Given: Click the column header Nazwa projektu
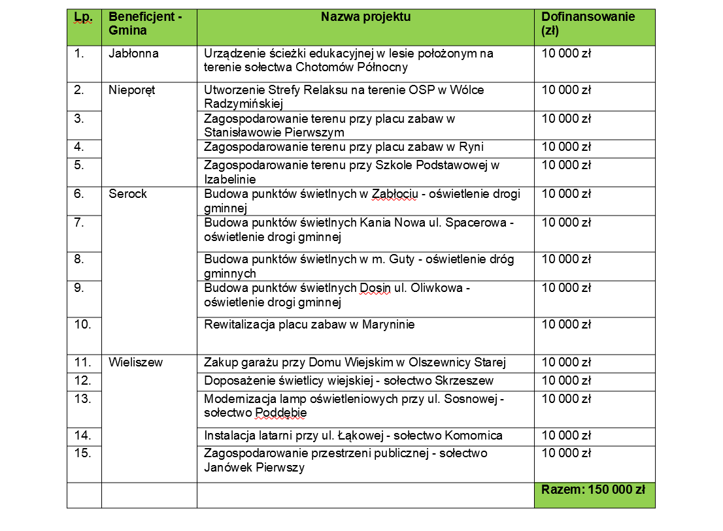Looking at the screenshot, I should point(365,17).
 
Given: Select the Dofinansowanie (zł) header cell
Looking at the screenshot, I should point(588,24).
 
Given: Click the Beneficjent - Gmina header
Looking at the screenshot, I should point(141,24).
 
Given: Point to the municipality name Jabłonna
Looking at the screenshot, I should point(133,54).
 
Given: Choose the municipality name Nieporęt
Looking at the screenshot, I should point(132,90).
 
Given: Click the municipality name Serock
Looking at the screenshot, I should point(127,194).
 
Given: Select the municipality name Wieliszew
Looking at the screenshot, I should point(135,362).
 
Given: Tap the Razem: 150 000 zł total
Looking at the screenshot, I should point(593,490).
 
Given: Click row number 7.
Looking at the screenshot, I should point(80,223).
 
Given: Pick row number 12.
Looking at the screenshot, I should point(82,381).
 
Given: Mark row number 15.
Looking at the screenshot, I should point(82,454).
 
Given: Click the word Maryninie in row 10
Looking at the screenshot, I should point(388,325).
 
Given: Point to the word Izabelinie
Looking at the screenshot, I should point(229,179).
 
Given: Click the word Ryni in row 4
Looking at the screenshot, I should point(472,147).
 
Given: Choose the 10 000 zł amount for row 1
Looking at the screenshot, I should point(566,54).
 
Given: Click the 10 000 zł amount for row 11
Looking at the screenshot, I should point(566,362).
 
